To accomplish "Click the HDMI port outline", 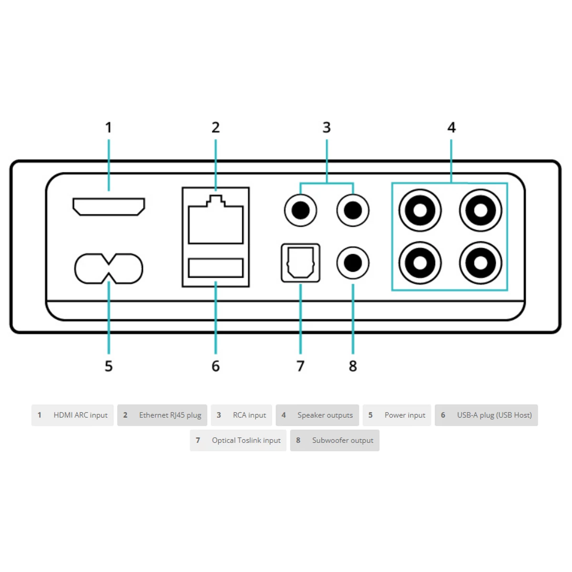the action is [109, 199].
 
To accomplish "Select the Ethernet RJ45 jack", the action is [215, 220].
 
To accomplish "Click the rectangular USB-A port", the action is [215, 259].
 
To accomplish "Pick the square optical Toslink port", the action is [300, 245].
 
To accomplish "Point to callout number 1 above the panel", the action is [108, 128].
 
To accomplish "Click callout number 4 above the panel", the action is [451, 128].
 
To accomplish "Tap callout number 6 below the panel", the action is [215, 366].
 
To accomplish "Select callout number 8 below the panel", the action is [353, 366].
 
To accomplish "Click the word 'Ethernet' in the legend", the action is [151, 415].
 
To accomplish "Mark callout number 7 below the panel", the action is [300, 366].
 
